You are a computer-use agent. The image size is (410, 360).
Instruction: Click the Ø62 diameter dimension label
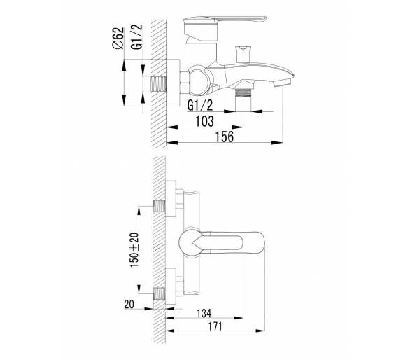[118, 39]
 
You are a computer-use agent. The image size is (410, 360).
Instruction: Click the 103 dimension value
[205, 121]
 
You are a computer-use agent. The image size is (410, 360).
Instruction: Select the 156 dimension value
[225, 137]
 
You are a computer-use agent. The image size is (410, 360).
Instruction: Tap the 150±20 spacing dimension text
[134, 249]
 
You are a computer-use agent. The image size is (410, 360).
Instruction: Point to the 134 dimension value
[204, 313]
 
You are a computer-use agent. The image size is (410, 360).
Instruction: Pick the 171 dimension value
[215, 326]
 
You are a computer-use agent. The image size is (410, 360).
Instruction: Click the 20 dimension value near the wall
[129, 305]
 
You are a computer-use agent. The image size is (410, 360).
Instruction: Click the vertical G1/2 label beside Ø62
[137, 36]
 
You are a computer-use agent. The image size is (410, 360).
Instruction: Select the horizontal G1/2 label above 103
[200, 106]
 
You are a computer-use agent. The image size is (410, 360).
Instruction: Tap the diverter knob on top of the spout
[243, 54]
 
